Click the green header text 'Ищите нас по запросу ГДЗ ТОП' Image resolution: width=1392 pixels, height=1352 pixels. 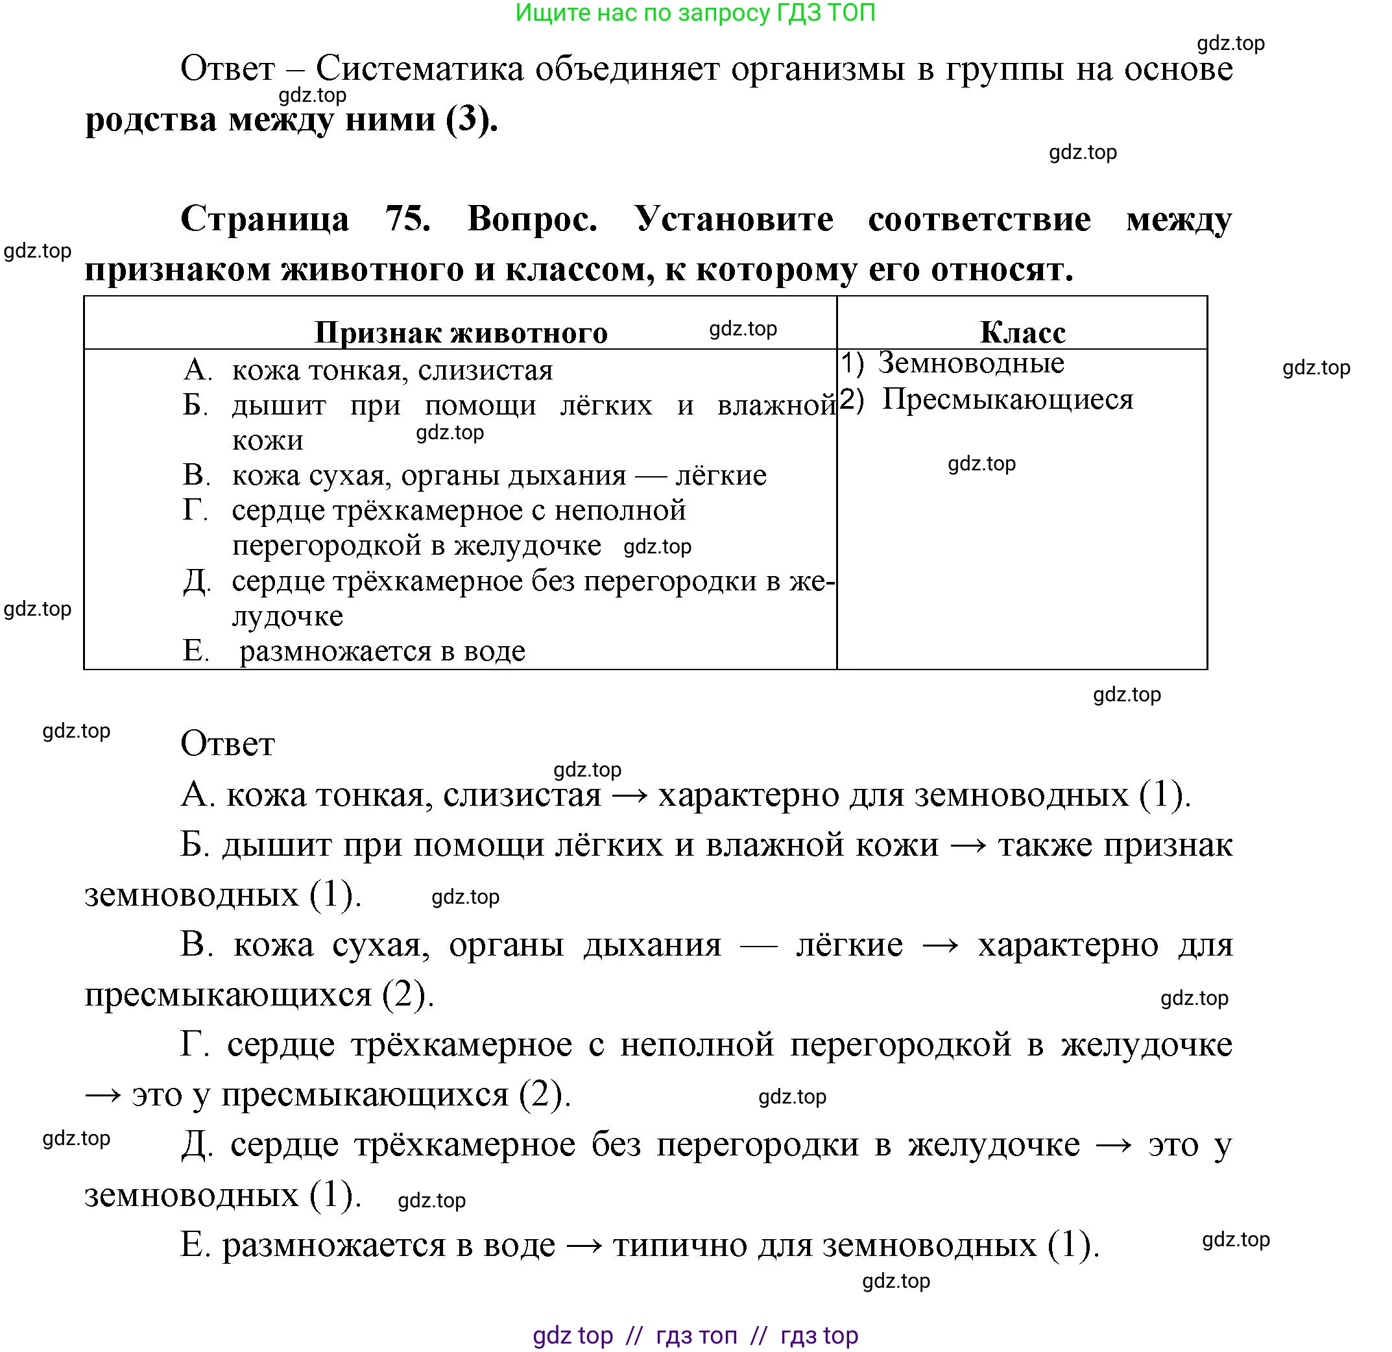[695, 14]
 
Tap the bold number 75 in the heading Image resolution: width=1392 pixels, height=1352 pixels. [407, 218]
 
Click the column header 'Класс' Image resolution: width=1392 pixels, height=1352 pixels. [1022, 332]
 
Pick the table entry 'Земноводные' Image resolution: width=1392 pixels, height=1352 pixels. [971, 363]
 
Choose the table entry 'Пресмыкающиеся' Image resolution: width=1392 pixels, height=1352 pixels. [1007, 399]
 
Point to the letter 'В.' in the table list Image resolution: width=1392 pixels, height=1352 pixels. [197, 475]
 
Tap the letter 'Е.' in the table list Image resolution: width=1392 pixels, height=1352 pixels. [196, 651]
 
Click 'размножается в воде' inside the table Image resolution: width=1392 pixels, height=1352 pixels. [383, 651]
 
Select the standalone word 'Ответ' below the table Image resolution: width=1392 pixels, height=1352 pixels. [227, 744]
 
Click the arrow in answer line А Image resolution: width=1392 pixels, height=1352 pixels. [629, 795]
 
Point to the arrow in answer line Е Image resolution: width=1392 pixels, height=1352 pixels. [584, 1246]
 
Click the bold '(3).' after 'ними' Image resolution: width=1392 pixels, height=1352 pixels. [472, 119]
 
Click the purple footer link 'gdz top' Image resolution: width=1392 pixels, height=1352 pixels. [572, 1335]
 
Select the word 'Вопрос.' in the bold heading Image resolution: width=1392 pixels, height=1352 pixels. [532, 218]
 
